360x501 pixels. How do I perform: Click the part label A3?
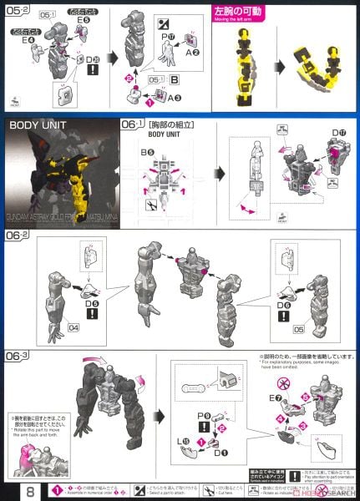(x=175, y=98)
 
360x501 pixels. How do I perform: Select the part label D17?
(x=338, y=134)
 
